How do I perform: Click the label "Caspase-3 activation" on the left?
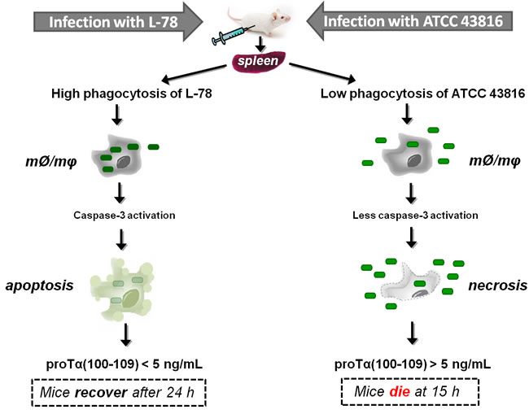[x=124, y=216]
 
